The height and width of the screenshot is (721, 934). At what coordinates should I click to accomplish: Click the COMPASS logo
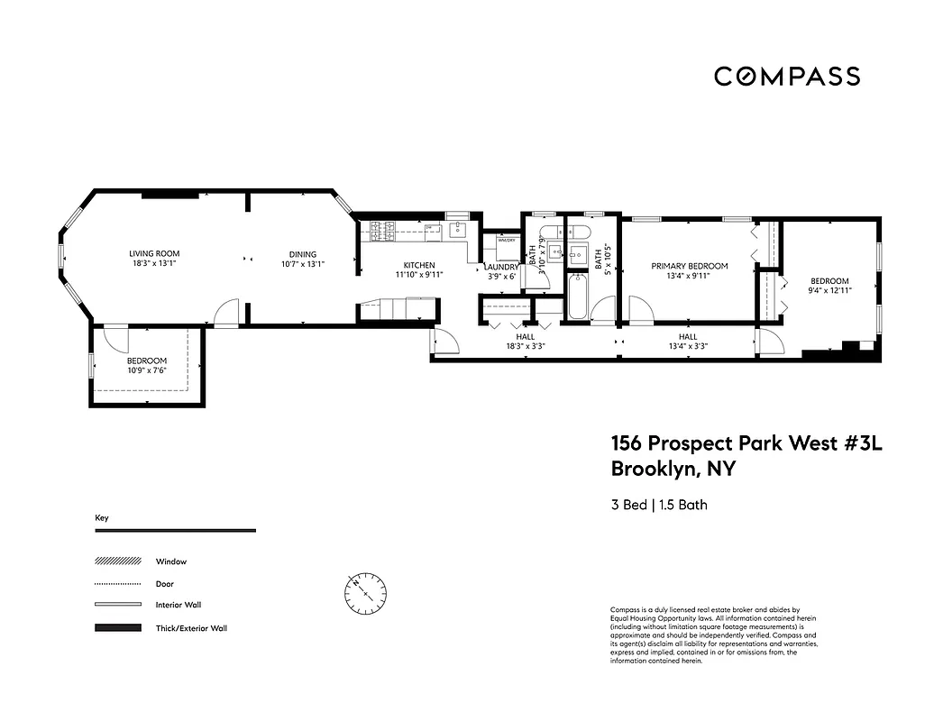click(x=786, y=77)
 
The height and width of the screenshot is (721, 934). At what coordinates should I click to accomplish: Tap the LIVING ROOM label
click(x=154, y=253)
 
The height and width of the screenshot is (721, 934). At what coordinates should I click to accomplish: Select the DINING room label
click(x=302, y=253)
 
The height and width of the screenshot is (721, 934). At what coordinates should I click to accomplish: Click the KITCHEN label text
click(x=418, y=265)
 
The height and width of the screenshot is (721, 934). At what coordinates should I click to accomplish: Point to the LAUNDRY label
click(x=500, y=267)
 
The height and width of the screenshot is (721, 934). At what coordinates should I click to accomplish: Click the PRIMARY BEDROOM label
click(x=690, y=266)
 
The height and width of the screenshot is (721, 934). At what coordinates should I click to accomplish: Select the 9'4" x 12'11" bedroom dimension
click(x=829, y=290)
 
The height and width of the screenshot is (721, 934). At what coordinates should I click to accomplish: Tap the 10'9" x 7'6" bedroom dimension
click(x=146, y=370)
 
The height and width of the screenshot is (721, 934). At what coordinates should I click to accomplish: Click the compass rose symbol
click(x=365, y=592)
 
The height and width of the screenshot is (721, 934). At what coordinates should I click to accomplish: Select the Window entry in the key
click(x=170, y=561)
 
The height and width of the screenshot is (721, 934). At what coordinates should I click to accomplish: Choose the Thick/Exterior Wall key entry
click(x=191, y=627)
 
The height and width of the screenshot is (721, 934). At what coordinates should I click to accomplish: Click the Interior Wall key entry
click(x=179, y=605)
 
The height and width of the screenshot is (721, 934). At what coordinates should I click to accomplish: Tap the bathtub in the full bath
click(x=578, y=301)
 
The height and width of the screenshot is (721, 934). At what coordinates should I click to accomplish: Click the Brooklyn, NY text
click(x=673, y=469)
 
